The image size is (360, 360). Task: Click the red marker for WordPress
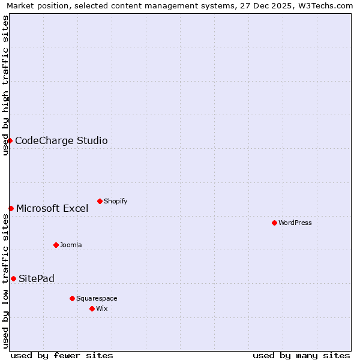click(274, 223)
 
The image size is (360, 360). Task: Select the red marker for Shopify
click(100, 201)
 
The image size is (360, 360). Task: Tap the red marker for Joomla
click(56, 245)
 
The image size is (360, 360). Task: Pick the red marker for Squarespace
click(72, 298)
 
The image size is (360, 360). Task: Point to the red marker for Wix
click(92, 308)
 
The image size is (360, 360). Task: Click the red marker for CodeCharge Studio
click(10, 140)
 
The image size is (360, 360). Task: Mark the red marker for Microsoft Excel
click(11, 208)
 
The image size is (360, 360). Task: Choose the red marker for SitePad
click(13, 278)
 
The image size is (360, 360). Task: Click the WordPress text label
click(295, 223)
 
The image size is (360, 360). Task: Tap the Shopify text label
click(115, 201)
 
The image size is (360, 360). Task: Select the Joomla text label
click(71, 245)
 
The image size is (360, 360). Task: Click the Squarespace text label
click(97, 298)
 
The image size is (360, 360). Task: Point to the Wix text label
click(102, 308)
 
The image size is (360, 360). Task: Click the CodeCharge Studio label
click(61, 141)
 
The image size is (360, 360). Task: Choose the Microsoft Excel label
click(52, 209)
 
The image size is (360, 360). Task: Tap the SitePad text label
click(37, 279)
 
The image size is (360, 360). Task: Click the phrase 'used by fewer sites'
click(62, 355)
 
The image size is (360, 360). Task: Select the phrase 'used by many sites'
click(301, 355)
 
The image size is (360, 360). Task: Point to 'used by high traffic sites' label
click(6, 85)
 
